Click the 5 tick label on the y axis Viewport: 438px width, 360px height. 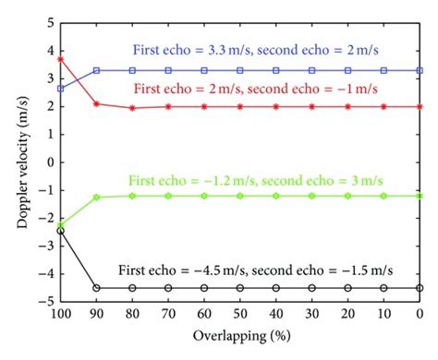pos(48,21)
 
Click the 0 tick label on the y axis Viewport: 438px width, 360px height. pos(48,162)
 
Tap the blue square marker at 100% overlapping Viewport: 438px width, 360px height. pos(60,88)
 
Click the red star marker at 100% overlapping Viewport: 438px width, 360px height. pos(60,59)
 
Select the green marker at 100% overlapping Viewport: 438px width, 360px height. pos(60,224)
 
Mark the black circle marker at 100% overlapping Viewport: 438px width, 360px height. pos(60,231)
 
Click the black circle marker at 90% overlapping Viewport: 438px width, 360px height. pos(96,288)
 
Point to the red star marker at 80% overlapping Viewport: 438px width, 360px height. pos(132,108)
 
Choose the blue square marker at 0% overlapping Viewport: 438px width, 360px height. pos(420,70)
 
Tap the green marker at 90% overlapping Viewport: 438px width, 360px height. pos(96,198)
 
